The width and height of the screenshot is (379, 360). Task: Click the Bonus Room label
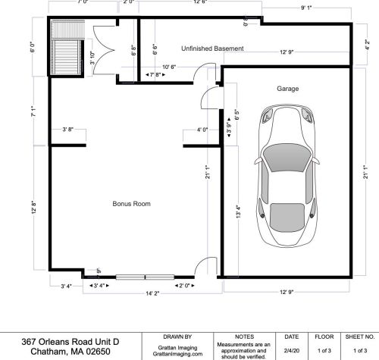click(131, 204)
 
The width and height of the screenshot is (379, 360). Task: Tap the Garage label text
click(288, 89)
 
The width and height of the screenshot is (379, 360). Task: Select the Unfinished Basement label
click(212, 49)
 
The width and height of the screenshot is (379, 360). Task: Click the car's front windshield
click(287, 158)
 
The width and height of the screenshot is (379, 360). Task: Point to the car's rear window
click(287, 218)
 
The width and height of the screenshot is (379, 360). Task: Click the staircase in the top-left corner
click(67, 48)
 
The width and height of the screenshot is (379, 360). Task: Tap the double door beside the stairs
click(104, 50)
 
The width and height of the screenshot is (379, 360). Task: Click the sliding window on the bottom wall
click(145, 277)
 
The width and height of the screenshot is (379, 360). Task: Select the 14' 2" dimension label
click(152, 293)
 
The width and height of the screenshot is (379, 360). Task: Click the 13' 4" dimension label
click(238, 211)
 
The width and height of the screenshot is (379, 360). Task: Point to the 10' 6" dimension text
click(169, 67)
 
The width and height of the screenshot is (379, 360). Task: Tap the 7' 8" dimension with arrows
click(155, 75)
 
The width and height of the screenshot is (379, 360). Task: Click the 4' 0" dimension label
click(202, 130)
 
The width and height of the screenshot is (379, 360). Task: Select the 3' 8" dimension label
click(68, 130)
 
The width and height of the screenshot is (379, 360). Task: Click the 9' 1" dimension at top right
click(306, 8)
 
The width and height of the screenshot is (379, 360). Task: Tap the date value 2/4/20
click(292, 350)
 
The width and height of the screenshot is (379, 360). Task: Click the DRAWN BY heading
click(177, 337)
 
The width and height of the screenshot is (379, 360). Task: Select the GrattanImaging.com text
click(177, 354)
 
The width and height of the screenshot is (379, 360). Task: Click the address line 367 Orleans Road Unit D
click(70, 342)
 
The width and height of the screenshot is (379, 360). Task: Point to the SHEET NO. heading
click(360, 337)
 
